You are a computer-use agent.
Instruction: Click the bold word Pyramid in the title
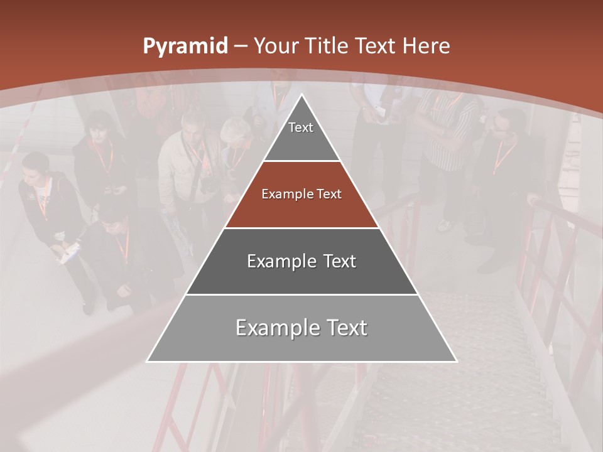[x=185, y=46]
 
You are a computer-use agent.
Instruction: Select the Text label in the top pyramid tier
[x=301, y=127]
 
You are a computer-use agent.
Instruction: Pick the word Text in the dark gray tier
[x=336, y=261]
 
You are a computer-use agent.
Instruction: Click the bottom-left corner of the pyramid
[x=147, y=362]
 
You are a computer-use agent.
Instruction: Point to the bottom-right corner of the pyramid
[x=457, y=362]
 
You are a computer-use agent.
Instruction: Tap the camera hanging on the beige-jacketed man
[x=208, y=183]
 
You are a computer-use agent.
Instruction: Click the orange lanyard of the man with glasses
[x=504, y=156]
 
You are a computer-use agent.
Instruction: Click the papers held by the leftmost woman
[x=71, y=251]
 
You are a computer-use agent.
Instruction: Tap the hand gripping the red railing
[x=533, y=200]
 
